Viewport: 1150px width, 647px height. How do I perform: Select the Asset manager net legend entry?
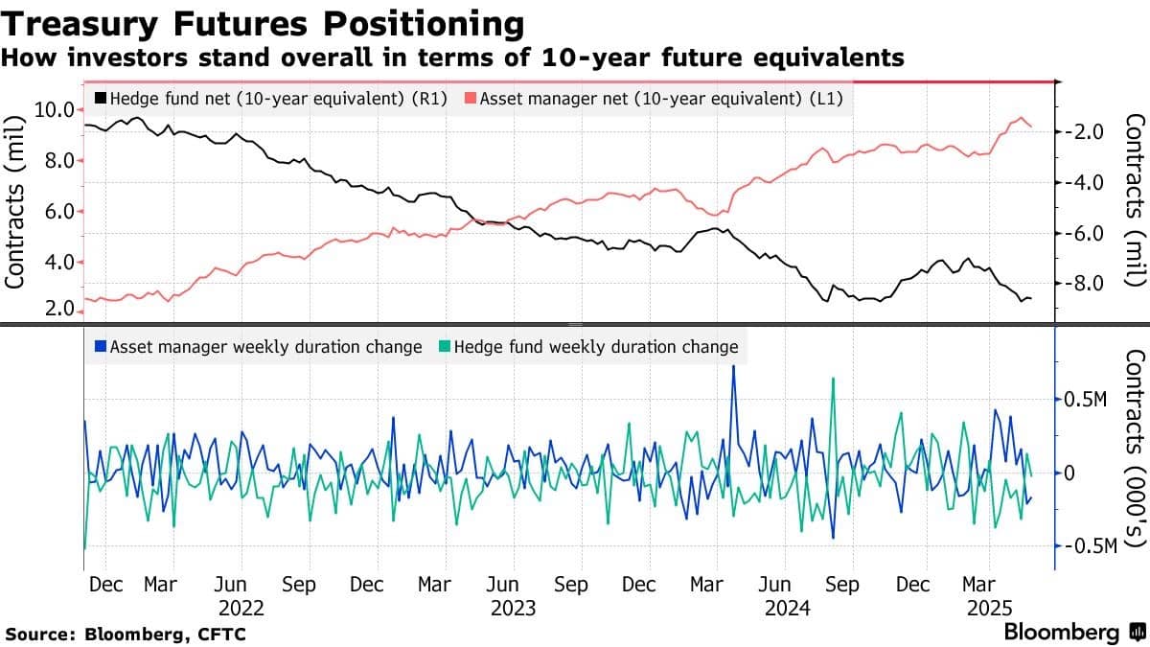click(659, 98)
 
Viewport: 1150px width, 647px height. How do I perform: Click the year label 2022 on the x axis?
click(241, 608)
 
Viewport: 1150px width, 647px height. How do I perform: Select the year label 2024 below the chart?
click(787, 608)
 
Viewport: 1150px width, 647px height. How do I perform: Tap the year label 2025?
click(991, 608)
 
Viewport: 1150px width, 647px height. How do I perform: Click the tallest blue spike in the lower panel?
click(733, 367)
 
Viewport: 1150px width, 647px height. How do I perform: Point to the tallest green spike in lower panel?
click(833, 380)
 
